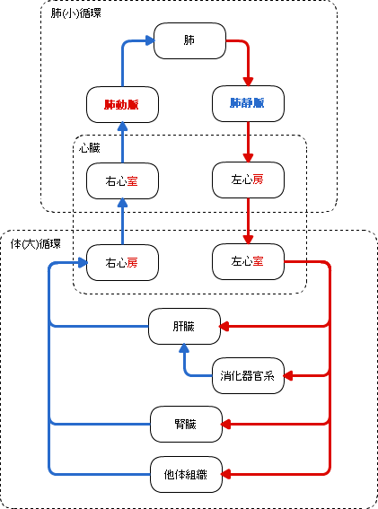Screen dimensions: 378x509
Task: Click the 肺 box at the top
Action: (x=189, y=40)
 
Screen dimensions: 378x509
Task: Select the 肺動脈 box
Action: (x=122, y=104)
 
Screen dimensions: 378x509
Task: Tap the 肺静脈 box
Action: (x=248, y=103)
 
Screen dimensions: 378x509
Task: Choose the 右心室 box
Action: (x=122, y=180)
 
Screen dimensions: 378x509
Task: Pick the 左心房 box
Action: (x=248, y=180)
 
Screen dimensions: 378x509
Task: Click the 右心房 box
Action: (x=122, y=262)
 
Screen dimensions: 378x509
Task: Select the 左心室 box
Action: (x=248, y=261)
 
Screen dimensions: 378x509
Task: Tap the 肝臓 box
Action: (x=184, y=326)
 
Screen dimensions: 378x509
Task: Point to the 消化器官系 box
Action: (x=248, y=375)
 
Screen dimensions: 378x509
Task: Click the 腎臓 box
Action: (x=186, y=424)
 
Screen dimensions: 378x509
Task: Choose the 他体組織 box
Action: (x=186, y=474)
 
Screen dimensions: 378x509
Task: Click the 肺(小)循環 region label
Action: (x=75, y=13)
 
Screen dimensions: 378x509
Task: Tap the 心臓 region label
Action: (x=89, y=148)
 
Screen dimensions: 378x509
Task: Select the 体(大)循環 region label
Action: (x=35, y=244)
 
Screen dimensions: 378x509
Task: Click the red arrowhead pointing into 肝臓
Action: (x=224, y=326)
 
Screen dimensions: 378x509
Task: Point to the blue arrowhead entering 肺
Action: (x=150, y=40)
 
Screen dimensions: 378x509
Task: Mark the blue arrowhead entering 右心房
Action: (x=83, y=262)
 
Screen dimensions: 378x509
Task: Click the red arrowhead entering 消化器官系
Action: (x=288, y=375)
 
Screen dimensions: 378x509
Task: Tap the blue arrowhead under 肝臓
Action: (x=184, y=348)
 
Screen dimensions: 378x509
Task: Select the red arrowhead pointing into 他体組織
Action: (x=226, y=474)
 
